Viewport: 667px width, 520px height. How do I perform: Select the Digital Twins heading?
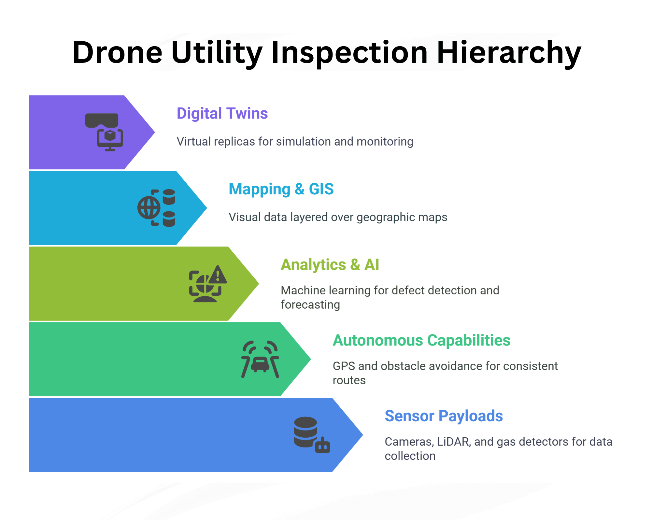click(x=222, y=114)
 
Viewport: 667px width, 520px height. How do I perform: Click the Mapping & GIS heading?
click(x=281, y=189)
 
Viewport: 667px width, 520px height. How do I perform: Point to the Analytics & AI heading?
click(x=330, y=265)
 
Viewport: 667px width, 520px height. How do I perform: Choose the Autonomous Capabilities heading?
click(x=421, y=341)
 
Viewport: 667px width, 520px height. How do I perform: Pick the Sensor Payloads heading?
click(x=444, y=416)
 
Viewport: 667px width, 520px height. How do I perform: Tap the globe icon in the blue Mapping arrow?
click(x=149, y=208)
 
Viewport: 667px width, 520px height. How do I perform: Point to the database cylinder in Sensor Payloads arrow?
click(x=305, y=431)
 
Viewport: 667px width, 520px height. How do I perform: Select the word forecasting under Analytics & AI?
click(x=310, y=305)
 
